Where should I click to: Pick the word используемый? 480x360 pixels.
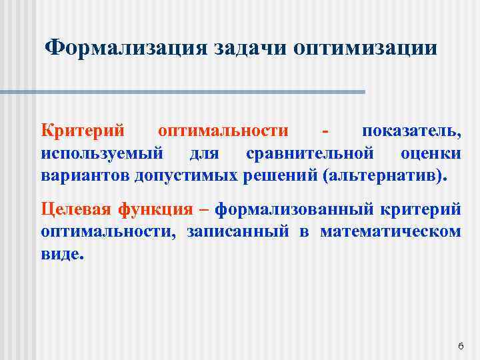102,153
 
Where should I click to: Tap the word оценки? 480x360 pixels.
431,153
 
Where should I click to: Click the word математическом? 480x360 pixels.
390,232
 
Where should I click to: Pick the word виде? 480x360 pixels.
62,255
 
